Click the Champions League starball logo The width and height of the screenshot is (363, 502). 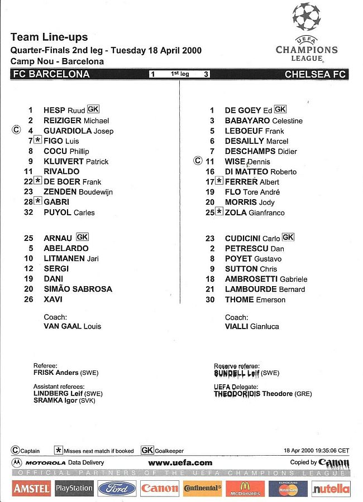(307, 17)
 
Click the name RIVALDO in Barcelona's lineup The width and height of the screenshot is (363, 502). (61, 172)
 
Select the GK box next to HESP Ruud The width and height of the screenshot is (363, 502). (93, 109)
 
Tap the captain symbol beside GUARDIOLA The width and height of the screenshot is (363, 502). (16, 130)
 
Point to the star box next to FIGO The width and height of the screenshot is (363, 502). (38, 141)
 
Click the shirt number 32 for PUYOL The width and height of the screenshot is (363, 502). (28, 213)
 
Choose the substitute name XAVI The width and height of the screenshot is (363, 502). (53, 300)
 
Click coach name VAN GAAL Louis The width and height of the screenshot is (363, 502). (73, 326)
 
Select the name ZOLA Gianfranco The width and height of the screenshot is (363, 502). (255, 213)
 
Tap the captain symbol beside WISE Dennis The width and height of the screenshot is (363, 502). (197, 161)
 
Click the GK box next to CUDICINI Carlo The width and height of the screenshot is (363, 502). (288, 238)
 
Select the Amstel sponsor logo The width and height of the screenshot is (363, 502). (32, 489)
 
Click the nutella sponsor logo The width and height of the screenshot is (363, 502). (331, 489)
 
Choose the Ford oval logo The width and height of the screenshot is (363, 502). (117, 489)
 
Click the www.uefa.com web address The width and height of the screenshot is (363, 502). (180, 462)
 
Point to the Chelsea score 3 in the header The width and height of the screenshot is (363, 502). (206, 74)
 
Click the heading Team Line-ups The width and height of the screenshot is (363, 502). (49, 37)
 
